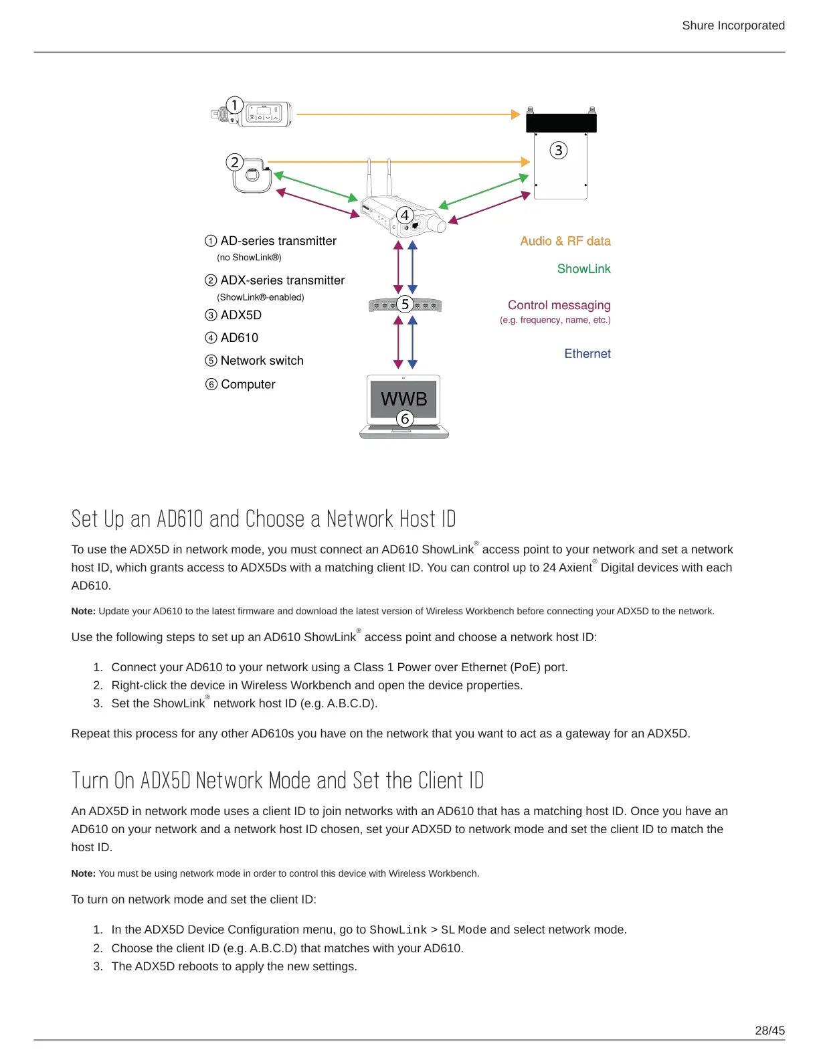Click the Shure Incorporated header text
point(733,25)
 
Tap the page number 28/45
point(769,1031)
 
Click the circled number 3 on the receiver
point(558,151)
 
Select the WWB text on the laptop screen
point(403,399)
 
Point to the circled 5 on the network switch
point(404,304)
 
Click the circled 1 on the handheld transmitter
point(234,105)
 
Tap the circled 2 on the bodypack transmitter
point(234,162)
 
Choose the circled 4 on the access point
point(404,215)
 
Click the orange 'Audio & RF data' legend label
point(565,241)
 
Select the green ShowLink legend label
point(583,268)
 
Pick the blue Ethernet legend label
point(587,353)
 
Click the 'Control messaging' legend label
point(559,305)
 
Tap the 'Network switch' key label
point(262,361)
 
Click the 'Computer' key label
point(248,384)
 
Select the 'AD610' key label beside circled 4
point(239,338)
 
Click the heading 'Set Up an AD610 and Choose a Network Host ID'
point(264,519)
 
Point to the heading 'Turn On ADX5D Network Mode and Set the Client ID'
point(277,781)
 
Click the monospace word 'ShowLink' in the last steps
point(397,930)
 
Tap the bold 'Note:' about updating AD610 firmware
point(84,611)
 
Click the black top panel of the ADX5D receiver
point(561,122)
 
